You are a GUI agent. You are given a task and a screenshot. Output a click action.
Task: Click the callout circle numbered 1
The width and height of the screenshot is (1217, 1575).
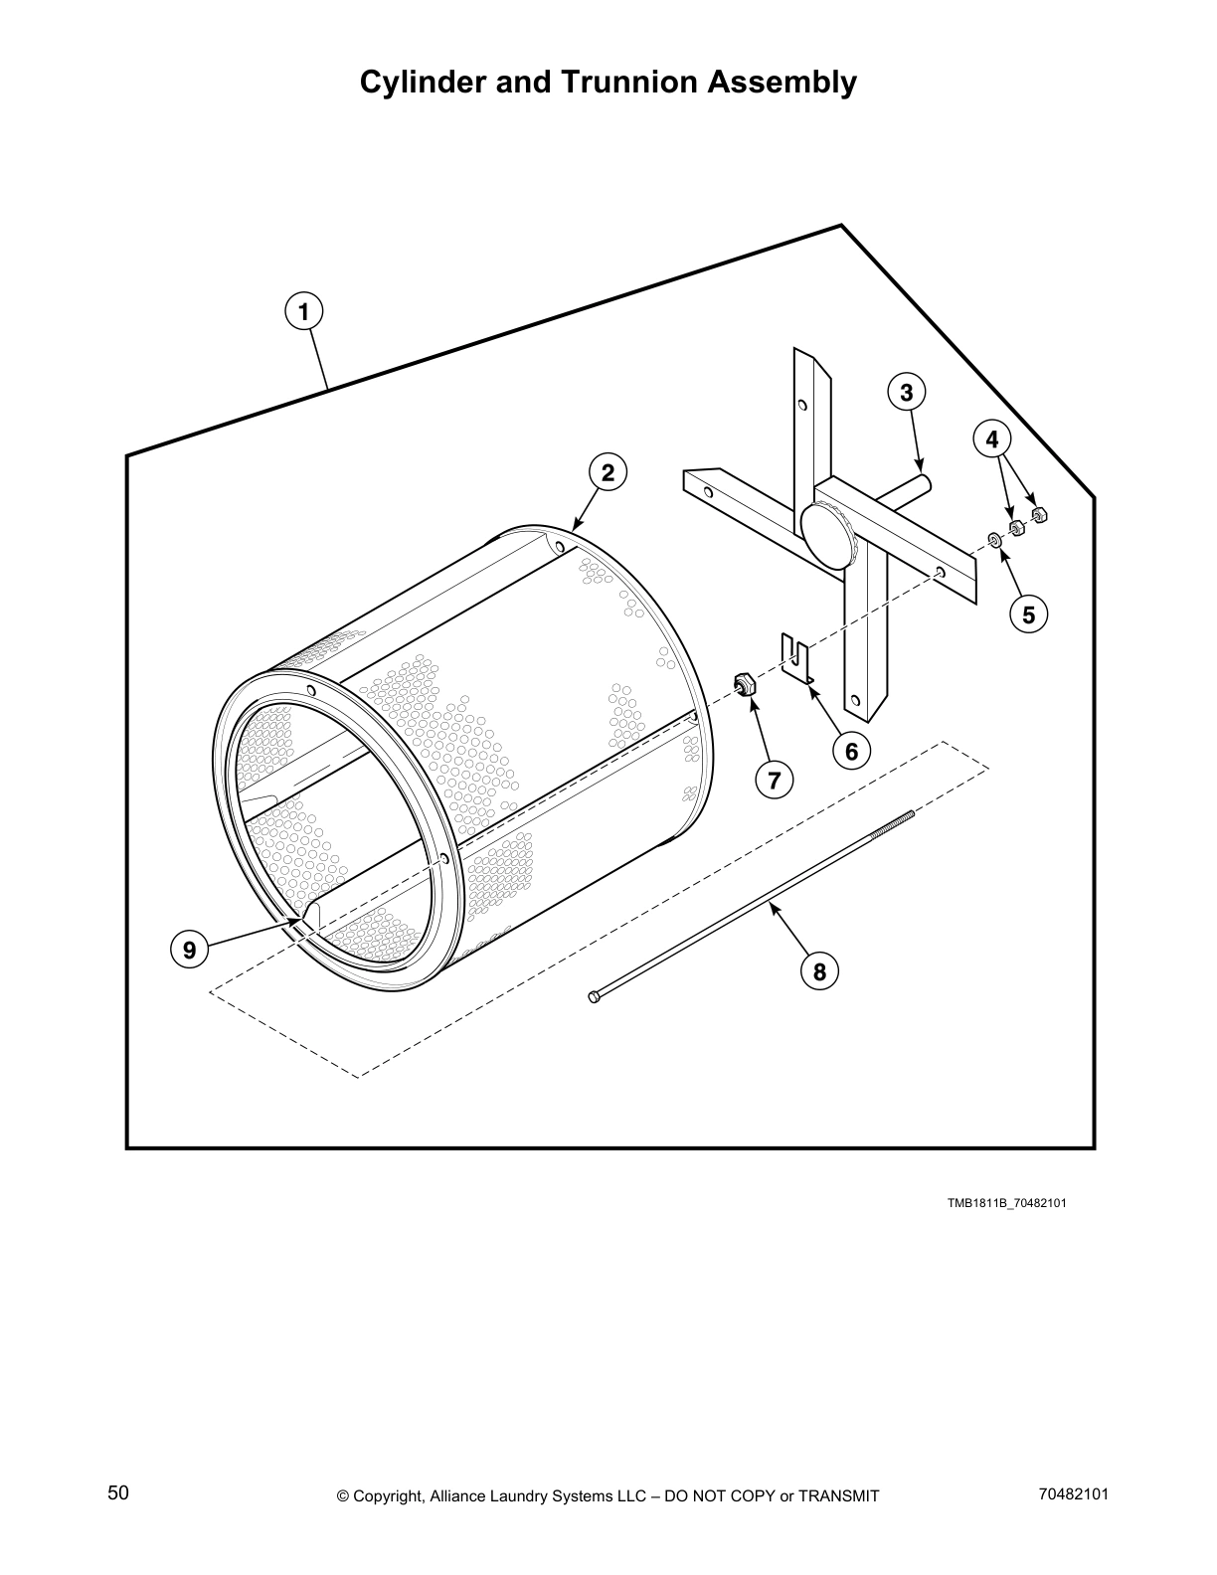(303, 311)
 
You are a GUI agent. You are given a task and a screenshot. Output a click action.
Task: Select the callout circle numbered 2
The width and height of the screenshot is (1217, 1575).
(608, 472)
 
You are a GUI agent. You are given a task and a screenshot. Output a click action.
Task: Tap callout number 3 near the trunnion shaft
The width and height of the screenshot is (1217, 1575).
(906, 393)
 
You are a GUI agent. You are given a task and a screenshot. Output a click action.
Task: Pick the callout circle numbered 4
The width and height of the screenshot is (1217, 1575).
(991, 438)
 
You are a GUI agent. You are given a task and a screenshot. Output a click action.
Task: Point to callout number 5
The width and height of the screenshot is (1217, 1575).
(1028, 614)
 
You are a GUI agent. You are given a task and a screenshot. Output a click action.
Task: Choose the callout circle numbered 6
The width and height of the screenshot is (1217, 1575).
(851, 751)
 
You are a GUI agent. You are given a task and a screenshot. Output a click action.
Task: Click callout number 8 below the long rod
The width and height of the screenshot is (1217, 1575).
(819, 970)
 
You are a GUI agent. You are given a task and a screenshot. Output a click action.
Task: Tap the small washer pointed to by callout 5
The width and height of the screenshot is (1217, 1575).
(993, 540)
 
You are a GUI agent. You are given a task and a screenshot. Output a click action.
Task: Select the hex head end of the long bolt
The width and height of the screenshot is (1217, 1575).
(595, 996)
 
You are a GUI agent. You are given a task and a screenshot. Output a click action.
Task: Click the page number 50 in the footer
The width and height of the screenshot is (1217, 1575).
(118, 1492)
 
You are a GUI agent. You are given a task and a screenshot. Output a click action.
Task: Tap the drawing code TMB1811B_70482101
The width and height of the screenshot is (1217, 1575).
(1006, 1203)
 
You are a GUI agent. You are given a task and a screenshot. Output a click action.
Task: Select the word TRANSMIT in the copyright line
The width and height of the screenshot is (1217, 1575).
(837, 1495)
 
